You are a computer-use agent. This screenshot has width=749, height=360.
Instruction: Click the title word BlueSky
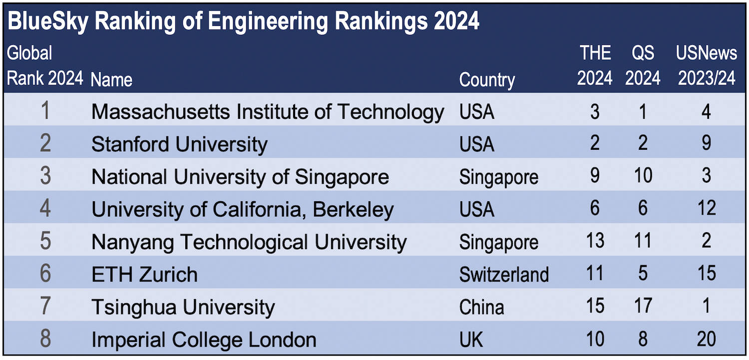coord(45,22)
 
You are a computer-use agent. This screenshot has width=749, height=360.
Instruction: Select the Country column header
coord(487,80)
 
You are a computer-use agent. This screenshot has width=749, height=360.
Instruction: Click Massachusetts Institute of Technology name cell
coord(268,112)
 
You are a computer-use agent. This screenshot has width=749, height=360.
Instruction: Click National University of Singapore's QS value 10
coord(643,176)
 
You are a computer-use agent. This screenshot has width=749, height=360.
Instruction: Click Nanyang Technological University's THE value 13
coord(595,241)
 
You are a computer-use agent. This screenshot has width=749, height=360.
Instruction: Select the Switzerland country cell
coord(504,275)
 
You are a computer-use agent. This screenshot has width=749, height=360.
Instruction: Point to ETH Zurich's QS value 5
coord(643,274)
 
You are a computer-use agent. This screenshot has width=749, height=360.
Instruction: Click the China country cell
coord(481,307)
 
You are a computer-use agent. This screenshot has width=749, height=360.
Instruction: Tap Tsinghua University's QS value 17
coord(643,306)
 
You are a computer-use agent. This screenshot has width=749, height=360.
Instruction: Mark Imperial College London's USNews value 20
coord(706,339)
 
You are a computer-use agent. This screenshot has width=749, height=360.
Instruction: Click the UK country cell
coord(471,340)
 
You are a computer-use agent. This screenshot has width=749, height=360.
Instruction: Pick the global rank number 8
coord(45,339)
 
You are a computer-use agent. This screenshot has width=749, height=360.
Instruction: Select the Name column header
coord(112,80)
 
